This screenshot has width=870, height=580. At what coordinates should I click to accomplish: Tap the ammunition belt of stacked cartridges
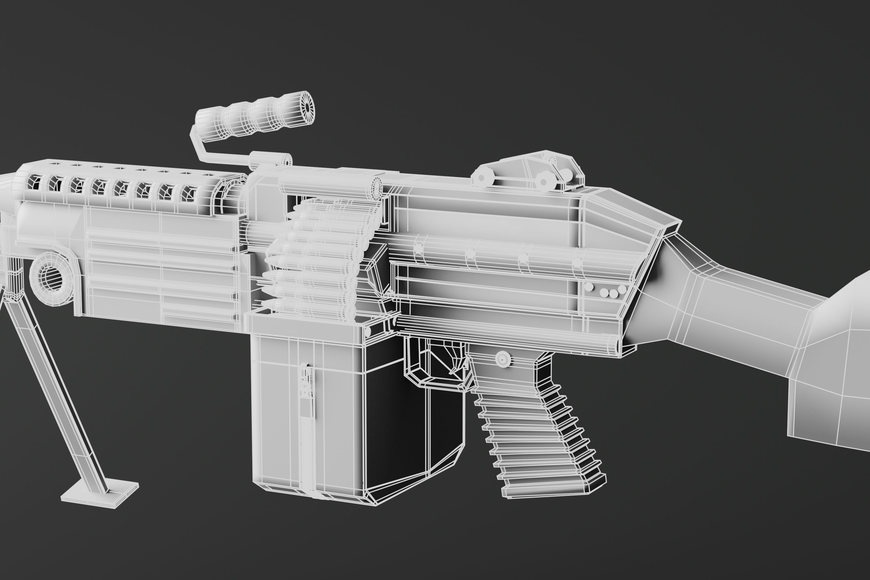click(318, 259)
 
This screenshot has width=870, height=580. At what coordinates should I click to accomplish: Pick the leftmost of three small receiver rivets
click(604, 293)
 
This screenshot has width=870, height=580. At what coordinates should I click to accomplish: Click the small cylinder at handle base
click(270, 160)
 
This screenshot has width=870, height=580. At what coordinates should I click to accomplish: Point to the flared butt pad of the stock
click(832, 370)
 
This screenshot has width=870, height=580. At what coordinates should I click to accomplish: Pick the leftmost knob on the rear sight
click(482, 177)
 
